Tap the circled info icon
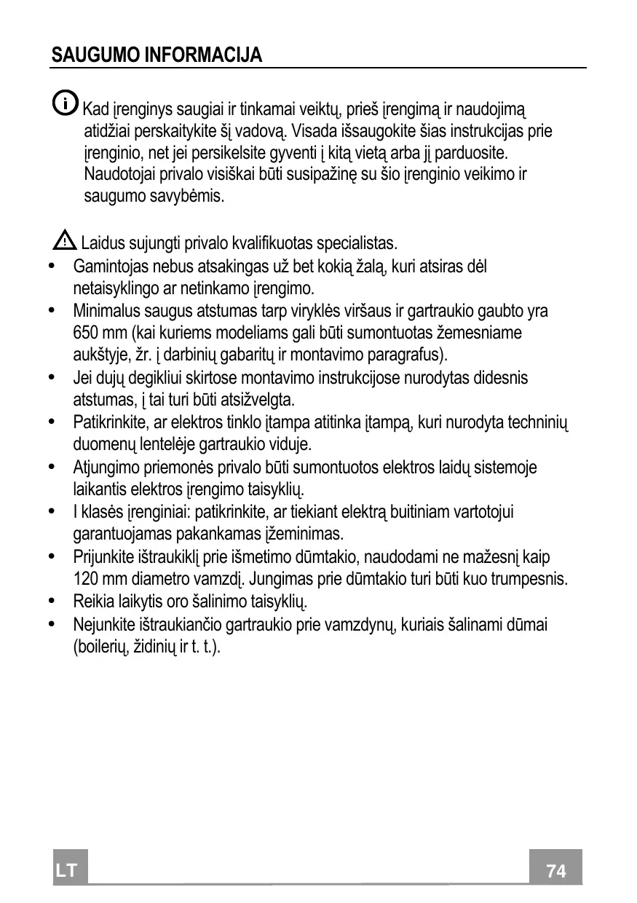65,103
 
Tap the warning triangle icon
66,238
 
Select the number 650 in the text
86,334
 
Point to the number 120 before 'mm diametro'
86,580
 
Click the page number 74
555,871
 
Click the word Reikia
92,602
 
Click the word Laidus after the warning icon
102,242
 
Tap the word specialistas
357,242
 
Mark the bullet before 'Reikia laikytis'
50,602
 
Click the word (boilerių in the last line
101,647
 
